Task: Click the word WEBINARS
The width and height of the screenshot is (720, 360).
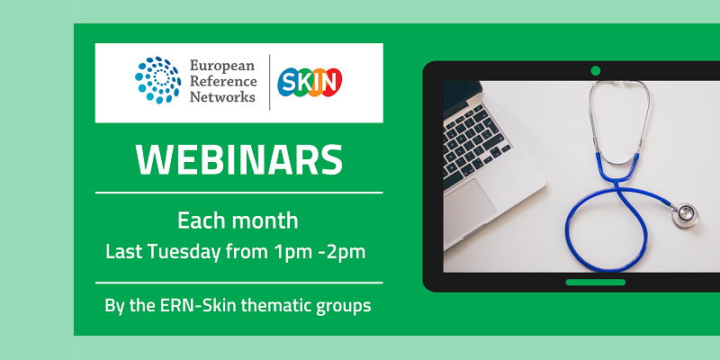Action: (239, 159)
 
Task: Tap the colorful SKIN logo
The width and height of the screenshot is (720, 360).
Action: (310, 83)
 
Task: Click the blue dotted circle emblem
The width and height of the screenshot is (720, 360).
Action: (157, 81)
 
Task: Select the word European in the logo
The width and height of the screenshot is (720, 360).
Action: (222, 66)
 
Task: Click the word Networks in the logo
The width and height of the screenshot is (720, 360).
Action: (222, 97)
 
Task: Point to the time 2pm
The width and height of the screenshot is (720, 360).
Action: (347, 251)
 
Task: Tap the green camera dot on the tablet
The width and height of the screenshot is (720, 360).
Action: (595, 70)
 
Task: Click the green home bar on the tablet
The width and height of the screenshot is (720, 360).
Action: (595, 282)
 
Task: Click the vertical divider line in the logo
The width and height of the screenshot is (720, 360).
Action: (270, 83)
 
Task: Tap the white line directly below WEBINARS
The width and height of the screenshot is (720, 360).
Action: (239, 192)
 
